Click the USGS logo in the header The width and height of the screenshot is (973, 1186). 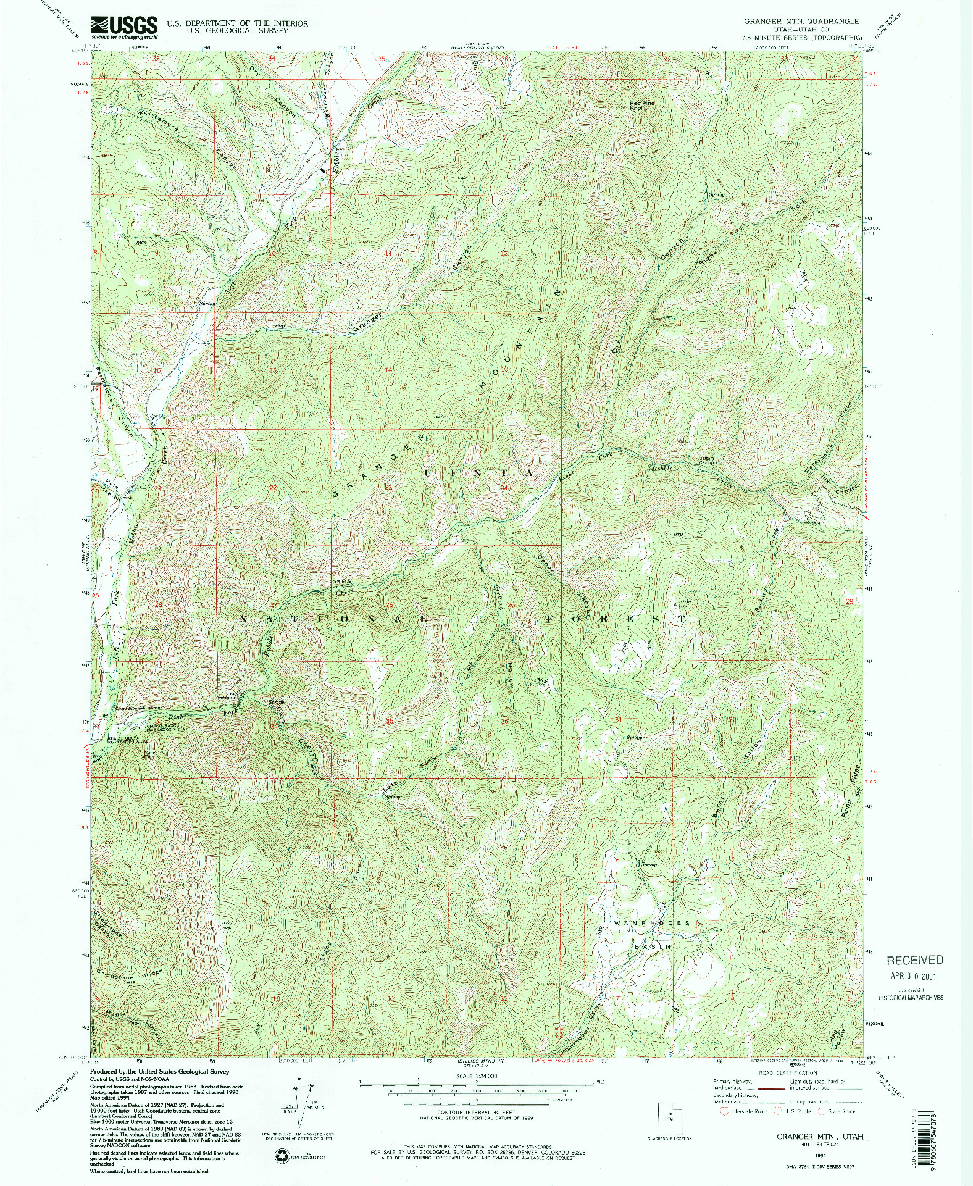pos(123,27)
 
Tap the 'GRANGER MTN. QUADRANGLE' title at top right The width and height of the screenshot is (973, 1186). pos(801,21)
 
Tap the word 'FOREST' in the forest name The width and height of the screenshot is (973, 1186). pos(615,618)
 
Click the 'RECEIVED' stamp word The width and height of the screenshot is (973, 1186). pos(915,960)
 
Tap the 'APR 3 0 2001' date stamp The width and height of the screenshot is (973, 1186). pos(914,977)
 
